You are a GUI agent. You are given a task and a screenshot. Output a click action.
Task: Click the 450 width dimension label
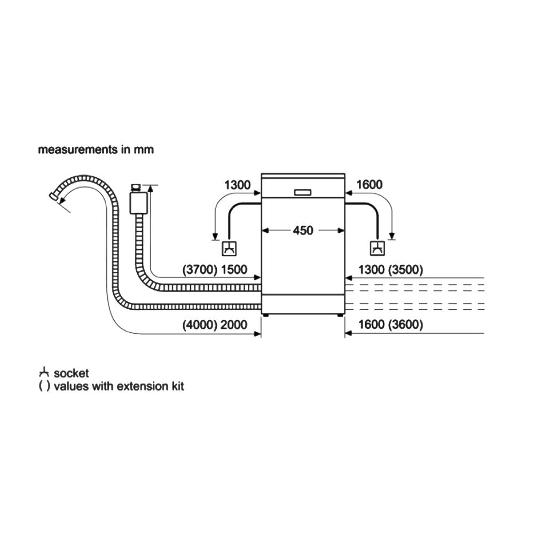[303, 231]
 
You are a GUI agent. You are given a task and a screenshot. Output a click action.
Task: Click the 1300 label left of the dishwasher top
[237, 185]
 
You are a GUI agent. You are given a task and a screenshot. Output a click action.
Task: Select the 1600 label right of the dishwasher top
[369, 185]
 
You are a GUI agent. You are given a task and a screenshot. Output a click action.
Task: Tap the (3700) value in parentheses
[200, 270]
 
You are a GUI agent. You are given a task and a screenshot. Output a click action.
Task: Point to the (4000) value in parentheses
[200, 325]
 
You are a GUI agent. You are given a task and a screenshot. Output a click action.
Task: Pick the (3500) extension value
[406, 270]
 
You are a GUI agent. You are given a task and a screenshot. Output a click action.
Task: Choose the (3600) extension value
[406, 325]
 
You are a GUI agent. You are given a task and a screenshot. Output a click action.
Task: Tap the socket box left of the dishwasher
[230, 248]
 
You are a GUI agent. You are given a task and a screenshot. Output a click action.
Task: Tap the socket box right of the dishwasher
[377, 248]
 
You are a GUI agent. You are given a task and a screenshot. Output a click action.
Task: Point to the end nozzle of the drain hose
[54, 196]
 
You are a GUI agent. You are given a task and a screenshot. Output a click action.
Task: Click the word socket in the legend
[72, 373]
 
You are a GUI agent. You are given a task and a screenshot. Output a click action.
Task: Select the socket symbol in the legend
[45, 373]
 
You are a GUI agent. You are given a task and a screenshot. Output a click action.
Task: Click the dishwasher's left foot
[265, 315]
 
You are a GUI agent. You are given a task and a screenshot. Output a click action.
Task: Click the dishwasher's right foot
[340, 315]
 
